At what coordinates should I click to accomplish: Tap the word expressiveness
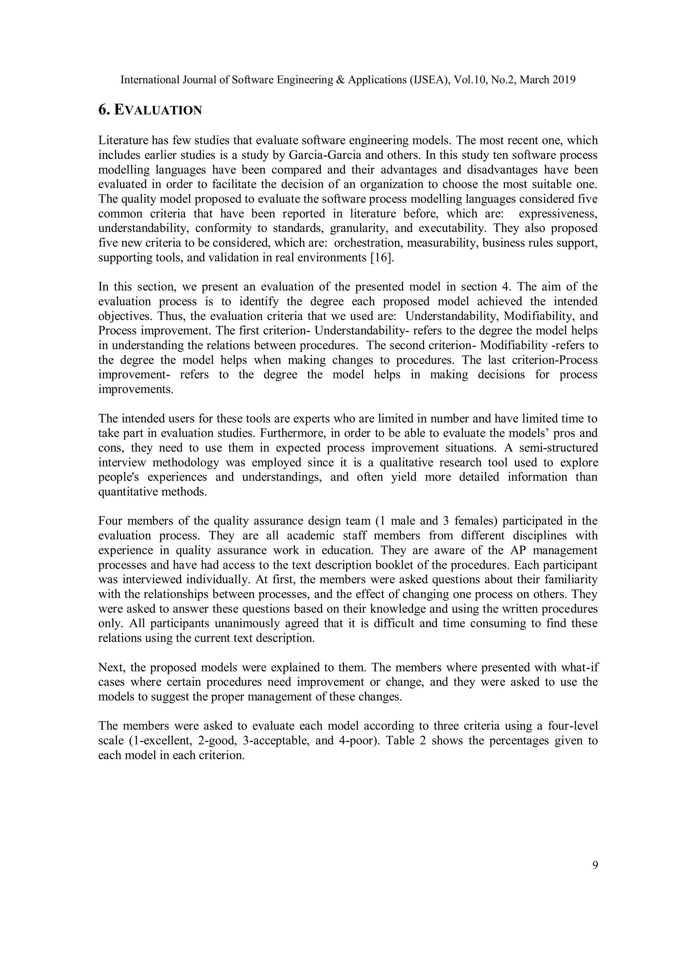click(x=558, y=213)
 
